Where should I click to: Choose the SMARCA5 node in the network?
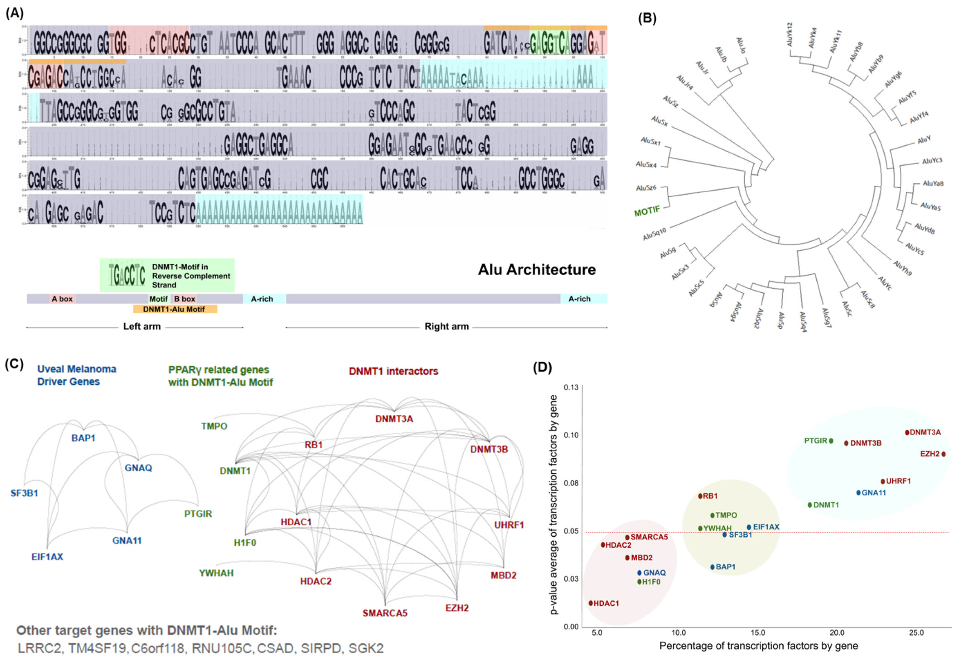click(385, 613)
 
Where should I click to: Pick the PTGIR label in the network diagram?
click(198, 514)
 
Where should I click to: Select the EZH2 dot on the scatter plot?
click(943, 454)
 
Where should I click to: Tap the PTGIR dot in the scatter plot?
click(831, 441)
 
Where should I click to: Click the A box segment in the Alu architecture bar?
click(62, 299)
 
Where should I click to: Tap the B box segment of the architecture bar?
click(184, 299)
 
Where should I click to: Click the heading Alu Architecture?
click(537, 270)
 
